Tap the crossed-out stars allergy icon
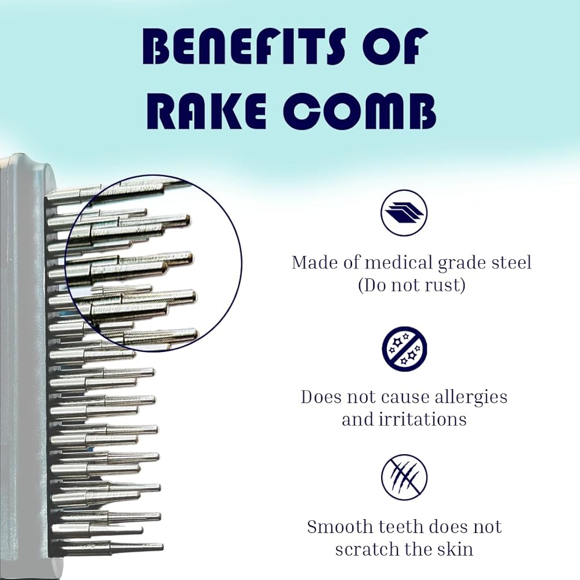coord(404,350)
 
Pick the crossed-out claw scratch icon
coord(404,478)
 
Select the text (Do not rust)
coord(411,285)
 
